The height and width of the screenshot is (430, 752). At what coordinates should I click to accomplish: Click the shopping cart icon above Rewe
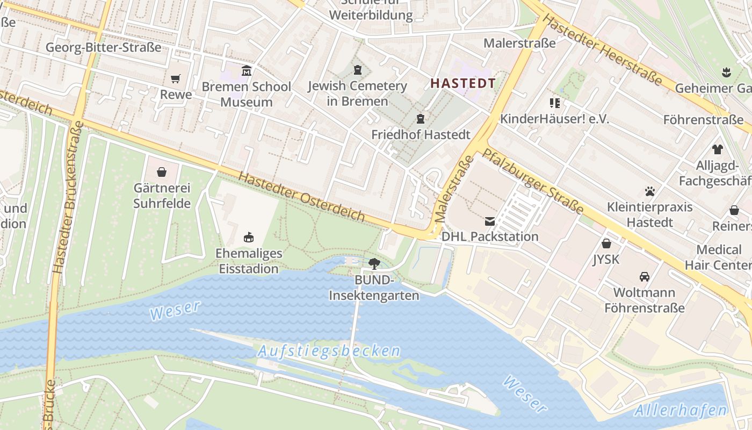[175, 79]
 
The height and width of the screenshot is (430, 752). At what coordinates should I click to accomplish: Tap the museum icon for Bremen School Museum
[247, 70]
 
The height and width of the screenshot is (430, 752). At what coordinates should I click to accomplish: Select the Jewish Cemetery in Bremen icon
[358, 70]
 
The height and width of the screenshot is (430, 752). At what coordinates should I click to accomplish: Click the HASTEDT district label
[462, 83]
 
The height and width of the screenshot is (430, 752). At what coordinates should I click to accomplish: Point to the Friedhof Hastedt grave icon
[421, 119]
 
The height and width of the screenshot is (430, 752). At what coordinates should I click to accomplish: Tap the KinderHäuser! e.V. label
[554, 119]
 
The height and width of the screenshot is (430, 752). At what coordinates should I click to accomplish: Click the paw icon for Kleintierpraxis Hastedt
[650, 191]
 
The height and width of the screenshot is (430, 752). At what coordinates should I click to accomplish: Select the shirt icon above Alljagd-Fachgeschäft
[718, 149]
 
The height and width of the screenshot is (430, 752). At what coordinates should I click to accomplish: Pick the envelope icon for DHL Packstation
[490, 221]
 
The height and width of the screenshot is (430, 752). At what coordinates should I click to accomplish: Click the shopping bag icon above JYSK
[606, 243]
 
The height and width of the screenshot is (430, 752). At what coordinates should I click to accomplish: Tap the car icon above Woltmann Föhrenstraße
[645, 277]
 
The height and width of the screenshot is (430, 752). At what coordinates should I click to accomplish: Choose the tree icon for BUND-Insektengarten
[374, 263]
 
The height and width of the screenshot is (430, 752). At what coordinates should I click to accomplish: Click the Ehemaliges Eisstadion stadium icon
[248, 237]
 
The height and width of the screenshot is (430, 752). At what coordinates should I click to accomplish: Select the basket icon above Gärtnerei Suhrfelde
[162, 172]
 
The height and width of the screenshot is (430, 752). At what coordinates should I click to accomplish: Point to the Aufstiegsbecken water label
[329, 352]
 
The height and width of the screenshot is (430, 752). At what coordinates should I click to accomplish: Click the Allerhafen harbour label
[681, 411]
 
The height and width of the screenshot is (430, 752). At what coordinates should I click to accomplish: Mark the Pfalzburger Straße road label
[532, 181]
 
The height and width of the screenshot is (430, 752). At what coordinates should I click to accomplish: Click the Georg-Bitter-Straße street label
[103, 47]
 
